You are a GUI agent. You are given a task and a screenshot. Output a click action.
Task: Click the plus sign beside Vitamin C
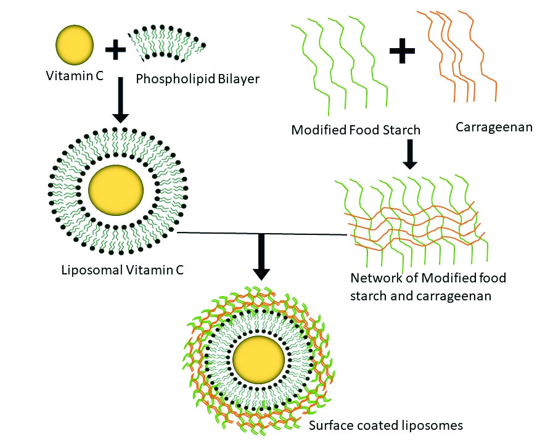[x=115, y=49]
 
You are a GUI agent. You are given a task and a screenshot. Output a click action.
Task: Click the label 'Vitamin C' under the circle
[x=69, y=77]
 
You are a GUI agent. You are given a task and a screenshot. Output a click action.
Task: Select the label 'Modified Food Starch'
[x=356, y=129]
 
